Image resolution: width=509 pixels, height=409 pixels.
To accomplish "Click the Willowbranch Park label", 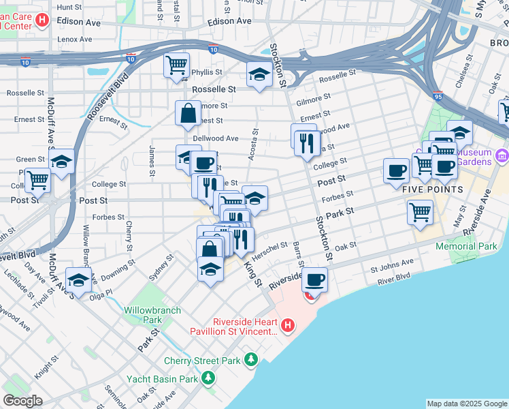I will coord(152,315).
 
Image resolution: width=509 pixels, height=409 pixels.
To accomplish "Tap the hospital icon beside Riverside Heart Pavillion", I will coord(288,326).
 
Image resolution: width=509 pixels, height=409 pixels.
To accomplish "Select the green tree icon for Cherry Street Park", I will coord(252,359).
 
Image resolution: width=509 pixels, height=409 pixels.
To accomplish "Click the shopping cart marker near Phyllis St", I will coord(176,65).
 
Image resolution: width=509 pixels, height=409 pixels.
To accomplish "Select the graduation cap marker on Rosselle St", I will coord(259,74).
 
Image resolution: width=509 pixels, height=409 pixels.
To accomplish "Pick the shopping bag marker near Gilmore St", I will coord(188,113).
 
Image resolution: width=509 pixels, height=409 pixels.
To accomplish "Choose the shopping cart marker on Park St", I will coord(420,211).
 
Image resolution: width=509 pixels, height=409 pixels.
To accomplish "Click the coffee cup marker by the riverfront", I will coord(314,279).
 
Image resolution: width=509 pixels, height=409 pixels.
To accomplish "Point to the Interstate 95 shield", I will coord(438,96).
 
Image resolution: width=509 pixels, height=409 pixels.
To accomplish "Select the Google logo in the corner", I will coord(22,401).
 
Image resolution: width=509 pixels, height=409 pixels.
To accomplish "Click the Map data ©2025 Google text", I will coord(466,404).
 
